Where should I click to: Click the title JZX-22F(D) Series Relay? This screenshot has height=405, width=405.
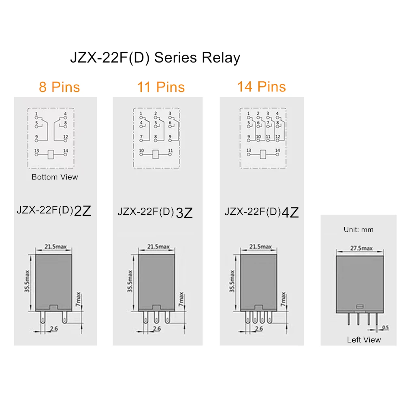pyautogui.click(x=155, y=58)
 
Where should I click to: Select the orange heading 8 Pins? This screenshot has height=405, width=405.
pyautogui.click(x=59, y=87)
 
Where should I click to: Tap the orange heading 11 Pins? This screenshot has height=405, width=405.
pyautogui.click(x=161, y=87)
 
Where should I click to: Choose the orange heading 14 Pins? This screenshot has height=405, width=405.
pyautogui.click(x=262, y=87)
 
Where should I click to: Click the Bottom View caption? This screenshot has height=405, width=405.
pyautogui.click(x=55, y=177)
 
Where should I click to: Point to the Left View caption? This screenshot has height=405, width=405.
pyautogui.click(x=364, y=340)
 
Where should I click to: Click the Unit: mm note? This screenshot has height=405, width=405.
pyautogui.click(x=358, y=230)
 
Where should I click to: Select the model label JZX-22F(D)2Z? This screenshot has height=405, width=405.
pyautogui.click(x=54, y=211)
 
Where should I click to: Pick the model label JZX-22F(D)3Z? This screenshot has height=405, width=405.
pyautogui.click(x=155, y=212)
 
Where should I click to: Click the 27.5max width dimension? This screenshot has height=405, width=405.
pyautogui.click(x=361, y=248)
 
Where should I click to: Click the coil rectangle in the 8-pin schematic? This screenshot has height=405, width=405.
pyautogui.click(x=51, y=154)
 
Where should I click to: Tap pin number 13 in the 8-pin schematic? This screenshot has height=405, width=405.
pyautogui.click(x=36, y=150)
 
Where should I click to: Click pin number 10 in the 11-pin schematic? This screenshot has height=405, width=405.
pyautogui.click(x=141, y=151)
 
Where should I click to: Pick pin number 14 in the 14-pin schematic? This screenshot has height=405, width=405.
pyautogui.click(x=277, y=150)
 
